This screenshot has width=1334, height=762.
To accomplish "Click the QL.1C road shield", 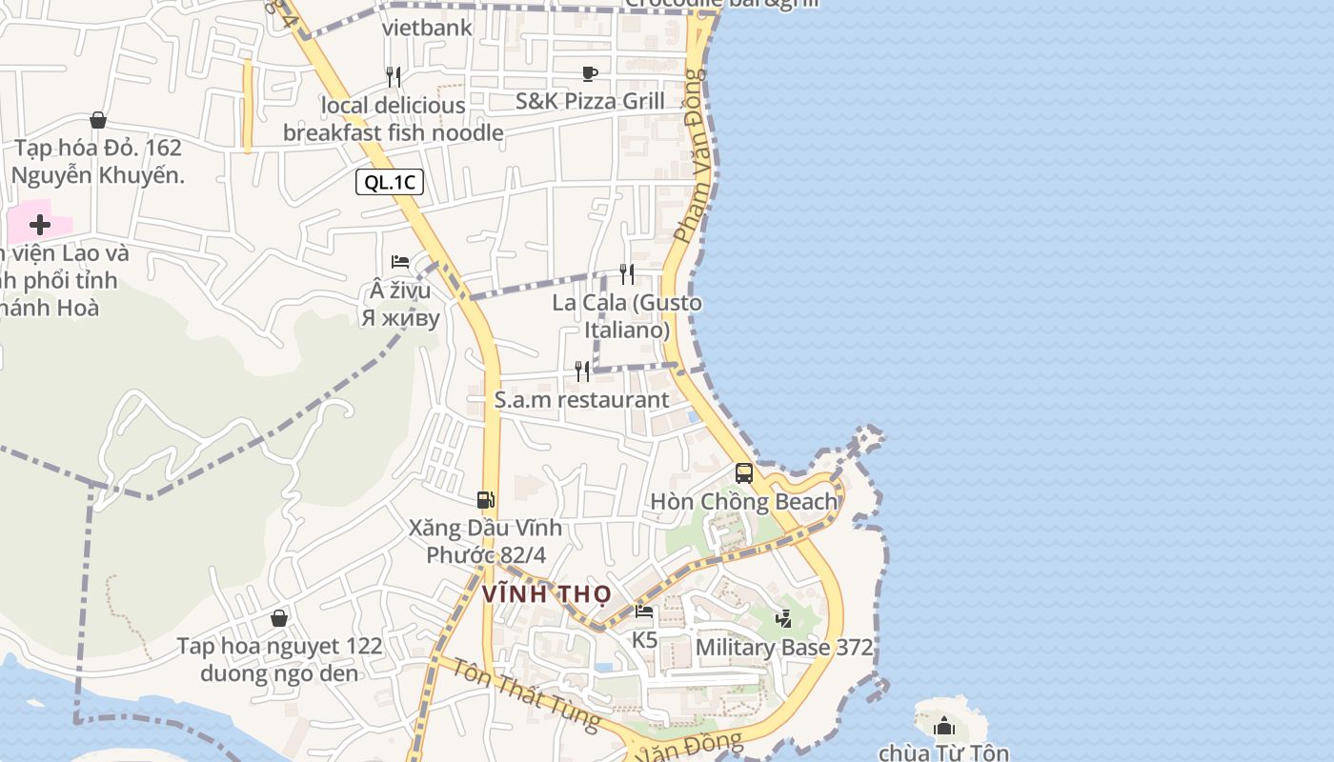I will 390,182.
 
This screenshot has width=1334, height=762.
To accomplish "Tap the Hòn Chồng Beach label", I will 743,501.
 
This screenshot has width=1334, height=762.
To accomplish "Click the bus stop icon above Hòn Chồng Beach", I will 744,472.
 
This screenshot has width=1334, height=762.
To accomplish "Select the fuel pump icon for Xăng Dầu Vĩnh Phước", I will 486,499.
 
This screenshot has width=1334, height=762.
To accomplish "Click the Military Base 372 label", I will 784,648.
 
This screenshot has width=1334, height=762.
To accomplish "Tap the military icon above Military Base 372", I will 783,619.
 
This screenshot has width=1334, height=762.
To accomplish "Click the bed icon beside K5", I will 644,612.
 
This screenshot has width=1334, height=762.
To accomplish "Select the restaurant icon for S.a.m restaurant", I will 582,371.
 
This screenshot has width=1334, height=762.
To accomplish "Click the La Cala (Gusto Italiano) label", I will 627,316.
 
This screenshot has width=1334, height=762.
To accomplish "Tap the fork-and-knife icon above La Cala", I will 627,274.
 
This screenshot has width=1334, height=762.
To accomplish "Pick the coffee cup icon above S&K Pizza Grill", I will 590,73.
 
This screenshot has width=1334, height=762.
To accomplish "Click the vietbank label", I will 427,28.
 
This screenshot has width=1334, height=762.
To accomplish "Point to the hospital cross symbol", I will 40,225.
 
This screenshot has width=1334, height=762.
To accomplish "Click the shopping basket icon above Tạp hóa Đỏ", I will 97,120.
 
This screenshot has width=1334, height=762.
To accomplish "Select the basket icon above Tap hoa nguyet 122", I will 279,618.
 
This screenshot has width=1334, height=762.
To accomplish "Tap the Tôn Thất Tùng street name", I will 525,695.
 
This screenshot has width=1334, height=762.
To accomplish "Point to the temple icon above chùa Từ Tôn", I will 944,726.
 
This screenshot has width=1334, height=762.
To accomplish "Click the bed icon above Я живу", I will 400,262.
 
